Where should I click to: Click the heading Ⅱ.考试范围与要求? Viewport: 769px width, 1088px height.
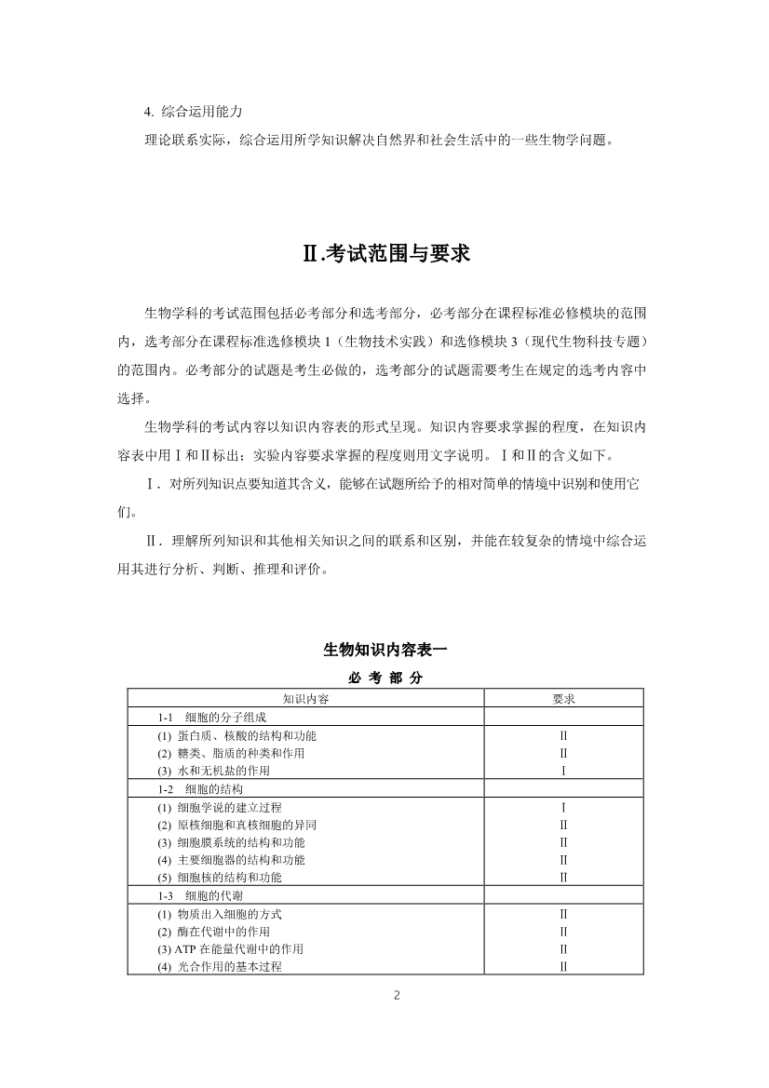384,253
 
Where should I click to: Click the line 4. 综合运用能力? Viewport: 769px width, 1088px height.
194,112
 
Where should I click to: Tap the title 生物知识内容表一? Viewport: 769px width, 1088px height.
384,649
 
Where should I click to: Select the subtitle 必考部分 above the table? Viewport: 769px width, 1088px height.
384,678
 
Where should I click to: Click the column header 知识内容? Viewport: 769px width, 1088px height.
305,698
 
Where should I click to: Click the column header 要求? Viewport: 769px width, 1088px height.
563,698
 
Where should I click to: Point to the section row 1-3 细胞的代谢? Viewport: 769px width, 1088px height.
199,895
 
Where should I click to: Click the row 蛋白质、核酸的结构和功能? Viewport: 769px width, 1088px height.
242,735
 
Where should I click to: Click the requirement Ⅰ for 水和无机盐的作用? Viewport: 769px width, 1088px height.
563,771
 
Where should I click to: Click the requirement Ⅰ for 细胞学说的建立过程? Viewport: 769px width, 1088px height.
563,807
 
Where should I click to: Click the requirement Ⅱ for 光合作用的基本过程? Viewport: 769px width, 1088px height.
563,967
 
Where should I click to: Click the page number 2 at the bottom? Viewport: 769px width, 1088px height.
397,995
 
